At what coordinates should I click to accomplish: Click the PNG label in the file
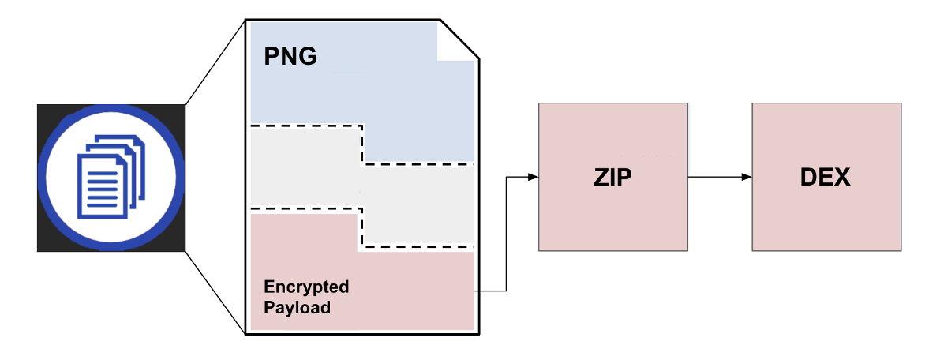pos(290,58)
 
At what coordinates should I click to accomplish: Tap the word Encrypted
pos(306,287)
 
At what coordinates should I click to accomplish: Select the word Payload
pos(297,308)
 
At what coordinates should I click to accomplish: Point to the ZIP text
pos(612,178)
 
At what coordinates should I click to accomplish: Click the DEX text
pos(825,178)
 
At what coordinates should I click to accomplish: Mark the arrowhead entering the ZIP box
pos(533,177)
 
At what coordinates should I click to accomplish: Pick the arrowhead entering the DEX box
pos(746,177)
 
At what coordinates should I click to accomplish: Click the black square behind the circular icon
pos(47,114)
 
